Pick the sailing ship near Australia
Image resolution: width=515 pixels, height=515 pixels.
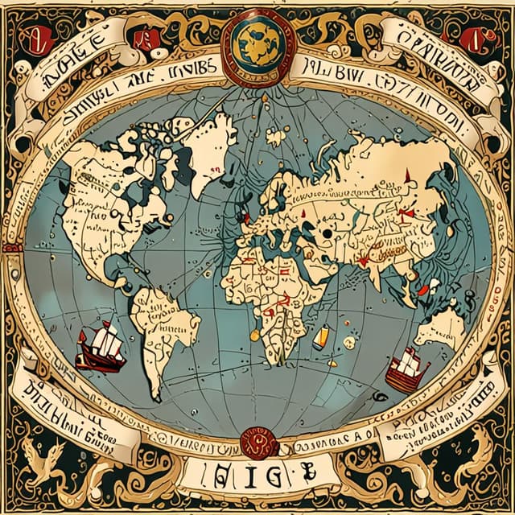[x=407, y=369]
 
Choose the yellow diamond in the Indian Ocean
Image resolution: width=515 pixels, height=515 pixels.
[x=322, y=339]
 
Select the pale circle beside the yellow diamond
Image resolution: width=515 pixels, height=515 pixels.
[x=349, y=343]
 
